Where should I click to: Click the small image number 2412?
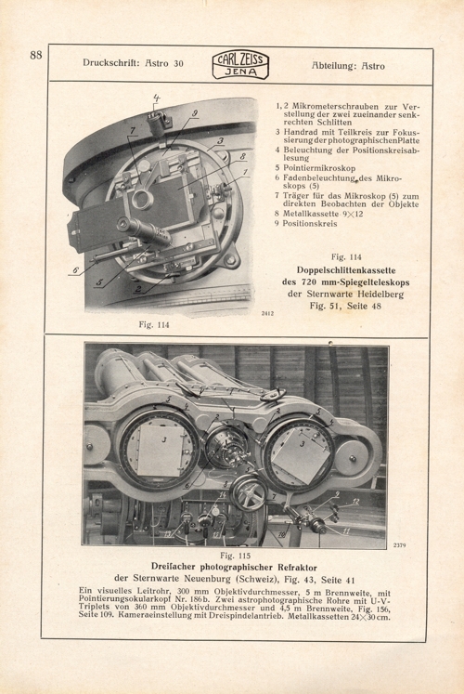pos(265,315)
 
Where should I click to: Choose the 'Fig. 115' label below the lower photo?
pos(236,552)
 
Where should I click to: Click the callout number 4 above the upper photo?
pos(157,97)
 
